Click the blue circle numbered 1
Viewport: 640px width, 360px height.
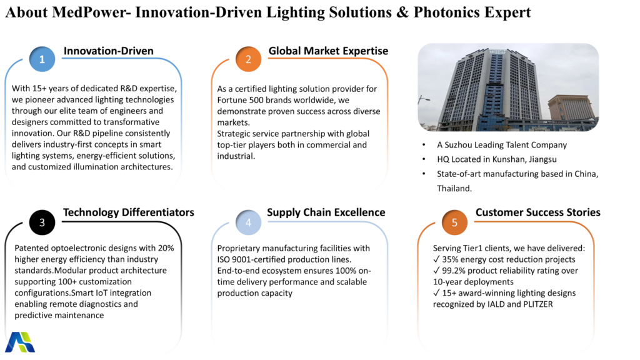pos(42,59)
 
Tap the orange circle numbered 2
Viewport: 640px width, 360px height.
pos(248,59)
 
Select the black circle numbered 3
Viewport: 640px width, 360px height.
pos(42,222)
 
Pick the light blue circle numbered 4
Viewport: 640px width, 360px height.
pos(248,222)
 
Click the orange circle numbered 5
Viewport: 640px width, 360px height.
pos(454,222)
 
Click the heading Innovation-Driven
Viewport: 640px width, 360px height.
pos(109,51)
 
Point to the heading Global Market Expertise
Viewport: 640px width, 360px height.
pos(328,51)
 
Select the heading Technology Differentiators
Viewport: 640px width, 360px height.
pos(129,212)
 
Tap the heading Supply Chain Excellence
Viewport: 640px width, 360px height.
pos(326,212)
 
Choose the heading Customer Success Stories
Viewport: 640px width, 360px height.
pos(538,212)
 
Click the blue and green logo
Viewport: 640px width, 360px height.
pos(20,342)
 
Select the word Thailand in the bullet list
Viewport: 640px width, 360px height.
pos(454,188)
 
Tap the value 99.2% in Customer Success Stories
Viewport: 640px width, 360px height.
pos(454,271)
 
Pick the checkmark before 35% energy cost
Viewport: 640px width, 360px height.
pos(436,259)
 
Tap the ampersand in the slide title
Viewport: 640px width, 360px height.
pos(402,12)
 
